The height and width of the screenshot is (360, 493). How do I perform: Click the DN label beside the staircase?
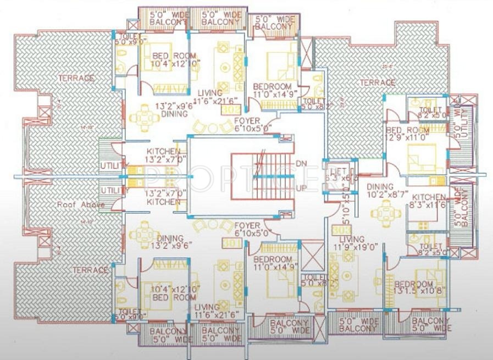(302, 164)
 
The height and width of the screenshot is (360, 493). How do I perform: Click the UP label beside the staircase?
(302, 188)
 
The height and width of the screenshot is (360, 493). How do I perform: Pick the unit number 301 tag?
(228, 243)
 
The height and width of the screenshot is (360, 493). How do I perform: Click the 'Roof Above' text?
(76, 204)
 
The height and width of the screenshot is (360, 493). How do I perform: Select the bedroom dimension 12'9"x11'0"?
(410, 138)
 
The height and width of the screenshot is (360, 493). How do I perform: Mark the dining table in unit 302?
(144, 116)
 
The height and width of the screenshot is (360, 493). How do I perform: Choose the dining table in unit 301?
(144, 233)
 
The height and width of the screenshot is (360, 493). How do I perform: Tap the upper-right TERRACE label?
(377, 82)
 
